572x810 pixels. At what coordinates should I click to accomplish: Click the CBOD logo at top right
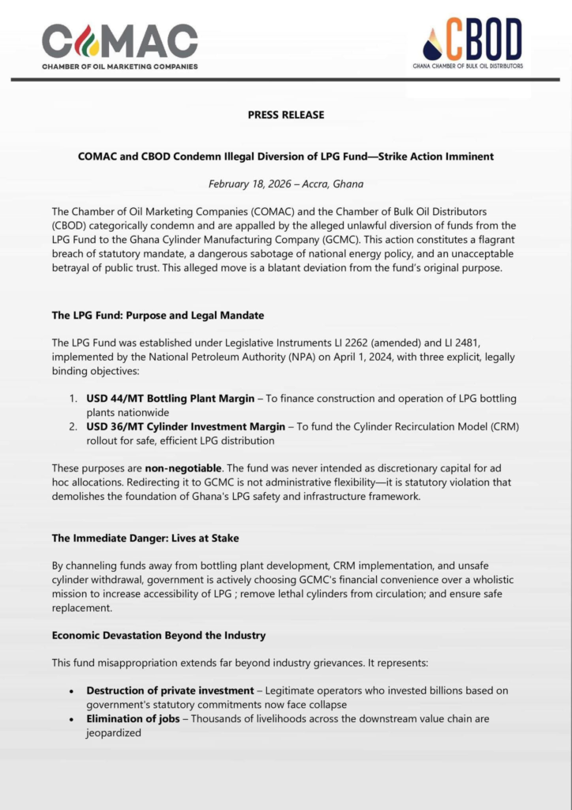tap(473, 44)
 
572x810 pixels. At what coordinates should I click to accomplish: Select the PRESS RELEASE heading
tap(286, 115)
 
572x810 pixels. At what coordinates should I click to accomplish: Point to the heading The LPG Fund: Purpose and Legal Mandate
tap(158, 315)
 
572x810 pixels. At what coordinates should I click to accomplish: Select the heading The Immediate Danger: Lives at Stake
tap(145, 538)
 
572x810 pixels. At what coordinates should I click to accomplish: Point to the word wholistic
tap(487, 580)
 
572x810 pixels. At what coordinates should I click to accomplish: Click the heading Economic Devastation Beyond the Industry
tap(159, 635)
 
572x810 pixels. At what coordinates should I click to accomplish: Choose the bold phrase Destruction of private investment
tap(170, 691)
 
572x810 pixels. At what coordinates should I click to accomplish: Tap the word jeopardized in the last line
tap(114, 732)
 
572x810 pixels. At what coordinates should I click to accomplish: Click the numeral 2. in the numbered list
tap(73, 426)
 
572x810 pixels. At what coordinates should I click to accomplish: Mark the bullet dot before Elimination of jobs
tap(73, 719)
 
